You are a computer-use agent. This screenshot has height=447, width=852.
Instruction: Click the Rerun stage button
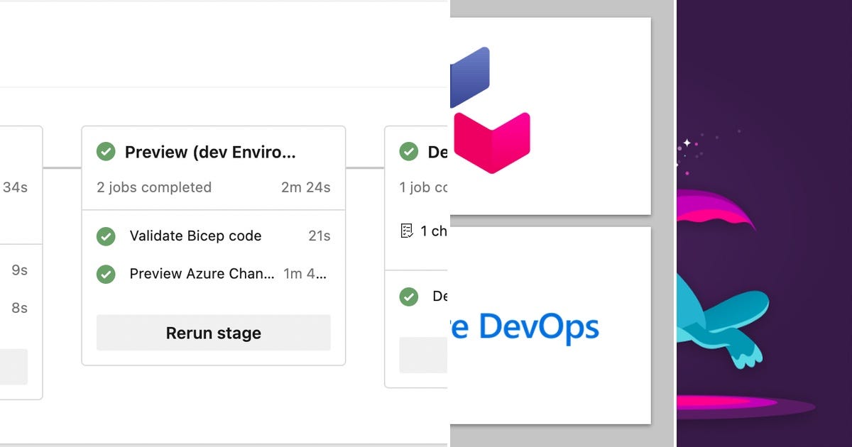point(213,333)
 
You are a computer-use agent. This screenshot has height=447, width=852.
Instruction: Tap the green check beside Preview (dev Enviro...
point(106,151)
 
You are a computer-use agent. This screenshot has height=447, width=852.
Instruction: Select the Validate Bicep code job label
point(195,236)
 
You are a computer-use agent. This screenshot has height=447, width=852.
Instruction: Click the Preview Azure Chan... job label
point(202,274)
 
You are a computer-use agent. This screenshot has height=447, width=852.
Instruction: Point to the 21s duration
point(319,236)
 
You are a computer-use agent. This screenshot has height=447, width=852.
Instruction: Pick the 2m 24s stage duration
point(305,187)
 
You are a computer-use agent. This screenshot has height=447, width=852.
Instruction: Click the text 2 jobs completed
point(154,187)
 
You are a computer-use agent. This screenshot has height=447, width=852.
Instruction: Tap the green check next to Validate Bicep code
point(106,236)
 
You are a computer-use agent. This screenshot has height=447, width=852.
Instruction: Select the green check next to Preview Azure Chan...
point(106,274)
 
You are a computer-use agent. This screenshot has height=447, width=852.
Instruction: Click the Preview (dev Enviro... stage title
point(210,152)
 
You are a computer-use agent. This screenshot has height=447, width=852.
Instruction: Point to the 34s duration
point(15,187)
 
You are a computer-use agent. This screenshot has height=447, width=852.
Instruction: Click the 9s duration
point(19,270)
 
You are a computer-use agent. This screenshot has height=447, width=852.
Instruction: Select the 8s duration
point(19,308)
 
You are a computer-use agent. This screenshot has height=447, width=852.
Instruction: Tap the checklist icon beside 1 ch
point(407,231)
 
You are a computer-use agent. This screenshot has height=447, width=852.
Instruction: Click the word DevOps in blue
point(539,327)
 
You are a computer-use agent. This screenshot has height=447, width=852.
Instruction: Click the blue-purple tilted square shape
point(470,77)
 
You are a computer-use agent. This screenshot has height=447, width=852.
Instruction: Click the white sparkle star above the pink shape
point(687,143)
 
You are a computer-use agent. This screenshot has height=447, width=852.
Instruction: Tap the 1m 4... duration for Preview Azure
point(305,274)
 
